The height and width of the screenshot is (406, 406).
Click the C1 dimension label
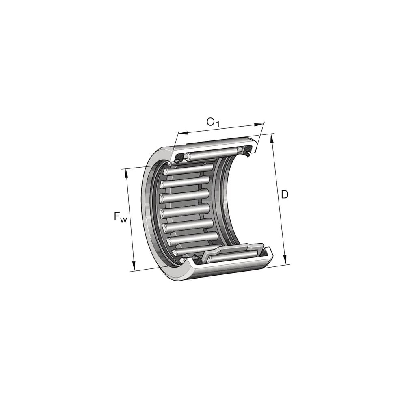[213, 122]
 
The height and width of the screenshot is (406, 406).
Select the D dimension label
[284, 194]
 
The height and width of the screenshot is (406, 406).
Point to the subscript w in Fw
[123, 220]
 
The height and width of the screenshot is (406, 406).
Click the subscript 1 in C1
[217, 124]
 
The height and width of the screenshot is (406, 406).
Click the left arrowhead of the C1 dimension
[183, 133]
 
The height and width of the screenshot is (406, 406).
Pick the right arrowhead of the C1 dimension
[259, 125]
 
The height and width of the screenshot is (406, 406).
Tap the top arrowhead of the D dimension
[272, 138]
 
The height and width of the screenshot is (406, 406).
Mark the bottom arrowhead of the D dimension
[285, 259]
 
